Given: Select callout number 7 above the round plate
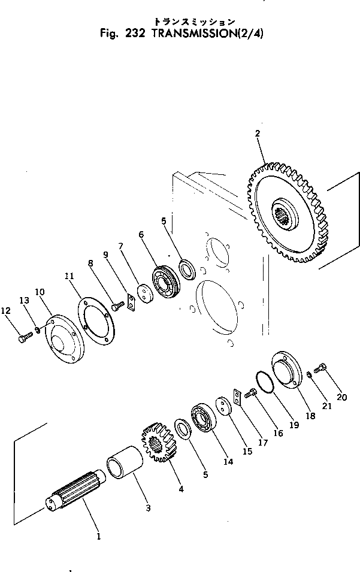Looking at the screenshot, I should (x=120, y=246).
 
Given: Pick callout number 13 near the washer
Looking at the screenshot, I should (x=25, y=299).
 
